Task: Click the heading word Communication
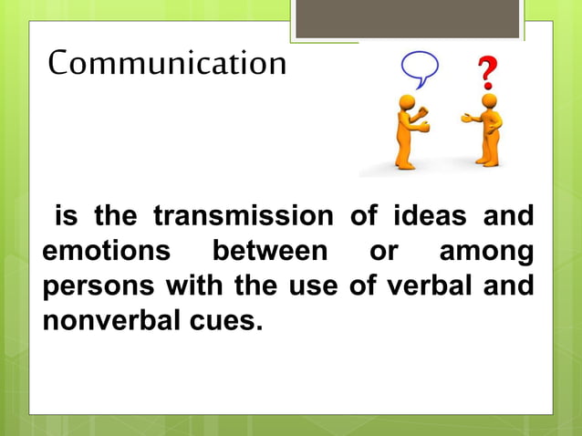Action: [x=167, y=64]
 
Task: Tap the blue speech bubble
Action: [x=420, y=67]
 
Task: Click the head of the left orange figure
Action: [x=407, y=102]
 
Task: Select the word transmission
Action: [x=243, y=217]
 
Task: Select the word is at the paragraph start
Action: [x=67, y=217]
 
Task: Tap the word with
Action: [x=196, y=285]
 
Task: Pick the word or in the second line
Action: [x=383, y=251]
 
